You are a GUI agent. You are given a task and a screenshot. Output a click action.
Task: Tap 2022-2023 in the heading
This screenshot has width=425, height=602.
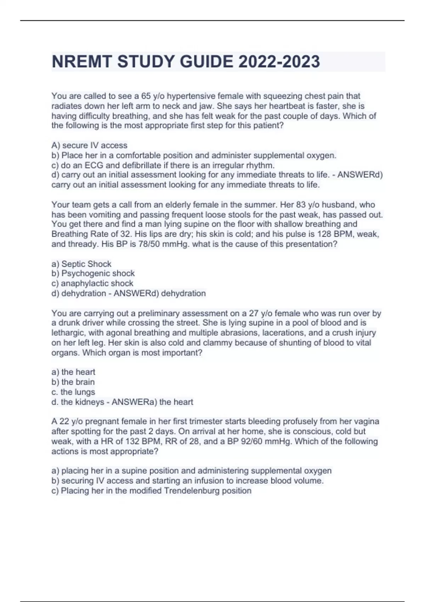(x=279, y=62)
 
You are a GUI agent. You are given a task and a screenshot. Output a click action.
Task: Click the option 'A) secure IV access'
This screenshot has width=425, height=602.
(x=89, y=145)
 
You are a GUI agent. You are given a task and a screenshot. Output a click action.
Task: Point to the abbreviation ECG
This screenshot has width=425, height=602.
(x=93, y=165)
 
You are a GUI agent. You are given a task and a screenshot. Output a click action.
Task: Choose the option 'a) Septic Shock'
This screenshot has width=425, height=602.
(x=81, y=264)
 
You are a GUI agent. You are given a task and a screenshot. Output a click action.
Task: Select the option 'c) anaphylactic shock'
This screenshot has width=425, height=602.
(x=92, y=283)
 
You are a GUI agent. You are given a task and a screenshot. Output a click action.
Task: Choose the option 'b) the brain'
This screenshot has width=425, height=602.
(x=73, y=382)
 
